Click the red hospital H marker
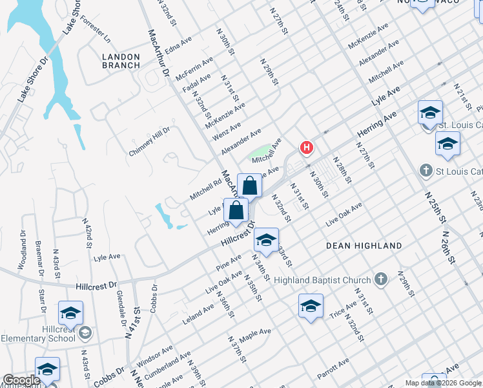(x=307, y=148)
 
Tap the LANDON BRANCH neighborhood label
(x=121, y=61)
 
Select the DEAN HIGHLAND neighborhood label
(x=364, y=246)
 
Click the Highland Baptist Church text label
(x=322, y=280)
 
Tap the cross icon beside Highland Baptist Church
(x=381, y=279)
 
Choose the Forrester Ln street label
(x=96, y=29)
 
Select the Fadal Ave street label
(x=197, y=83)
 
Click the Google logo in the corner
(x=21, y=380)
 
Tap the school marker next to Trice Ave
(x=311, y=307)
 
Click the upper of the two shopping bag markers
(x=249, y=186)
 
